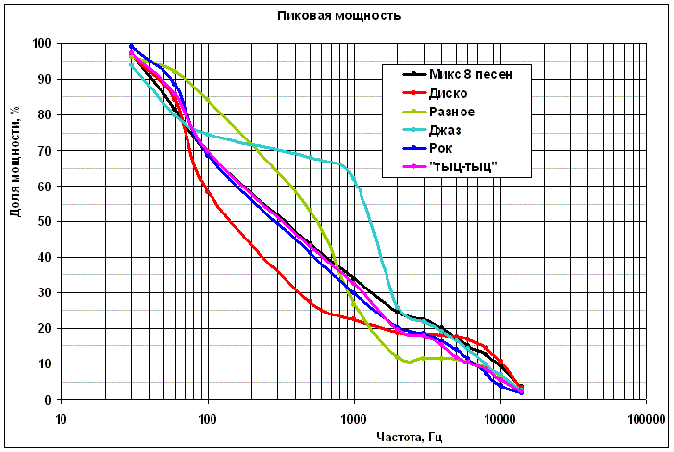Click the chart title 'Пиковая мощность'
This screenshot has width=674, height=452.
pyautogui.click(x=338, y=16)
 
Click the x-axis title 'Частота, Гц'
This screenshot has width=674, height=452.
pyautogui.click(x=410, y=438)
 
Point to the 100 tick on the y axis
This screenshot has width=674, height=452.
pyautogui.click(x=41, y=44)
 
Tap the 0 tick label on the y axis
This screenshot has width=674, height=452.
pyautogui.click(x=48, y=400)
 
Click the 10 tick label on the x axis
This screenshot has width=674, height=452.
pyautogui.click(x=62, y=418)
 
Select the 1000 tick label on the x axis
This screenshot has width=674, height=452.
pyautogui.click(x=354, y=418)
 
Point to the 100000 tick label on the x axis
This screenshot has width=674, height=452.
pyautogui.click(x=646, y=418)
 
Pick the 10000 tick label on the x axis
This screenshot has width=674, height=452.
pyautogui.click(x=500, y=418)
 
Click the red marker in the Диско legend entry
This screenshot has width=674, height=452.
pyautogui.click(x=413, y=94)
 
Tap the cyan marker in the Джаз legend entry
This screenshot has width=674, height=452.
pyautogui.click(x=413, y=132)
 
